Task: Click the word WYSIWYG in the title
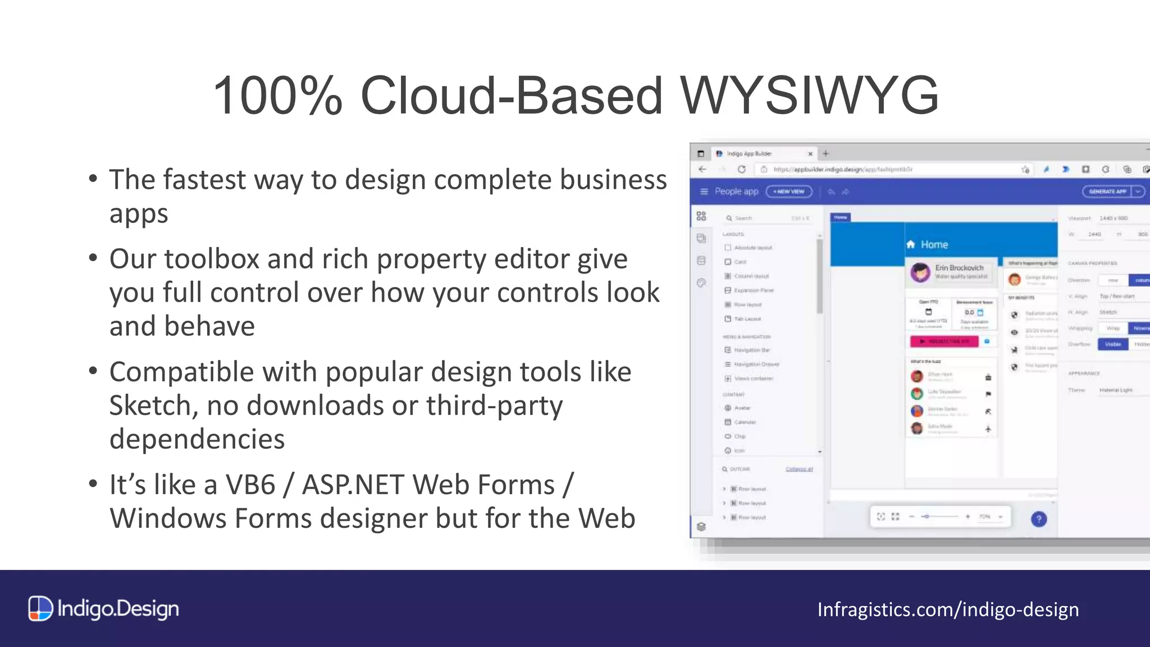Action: click(x=810, y=95)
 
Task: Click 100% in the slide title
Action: click(x=277, y=95)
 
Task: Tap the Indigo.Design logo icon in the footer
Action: click(x=40, y=609)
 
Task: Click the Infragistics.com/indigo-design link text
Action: click(x=948, y=609)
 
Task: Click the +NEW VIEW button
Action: click(x=789, y=192)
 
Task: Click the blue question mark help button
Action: click(x=1039, y=519)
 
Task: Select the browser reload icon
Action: click(x=741, y=169)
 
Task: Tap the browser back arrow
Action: click(x=702, y=169)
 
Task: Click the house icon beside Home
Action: click(x=911, y=244)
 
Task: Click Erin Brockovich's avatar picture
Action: click(x=920, y=272)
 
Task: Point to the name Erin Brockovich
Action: click(x=959, y=268)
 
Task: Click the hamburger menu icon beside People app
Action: click(x=704, y=192)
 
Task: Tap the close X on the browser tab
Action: click(x=810, y=154)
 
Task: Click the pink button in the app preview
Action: click(x=944, y=341)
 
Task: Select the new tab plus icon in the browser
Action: click(x=825, y=153)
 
